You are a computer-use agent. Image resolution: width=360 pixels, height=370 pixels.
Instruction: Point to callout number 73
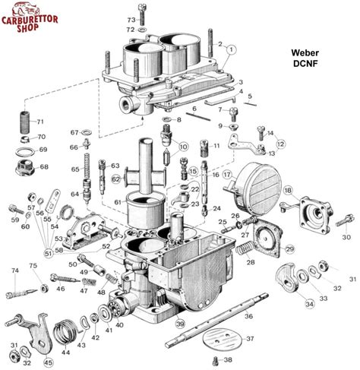tap(131, 18)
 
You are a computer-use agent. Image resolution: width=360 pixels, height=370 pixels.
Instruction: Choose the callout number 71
tap(41, 122)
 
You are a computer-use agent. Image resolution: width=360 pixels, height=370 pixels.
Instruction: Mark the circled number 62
tap(116, 179)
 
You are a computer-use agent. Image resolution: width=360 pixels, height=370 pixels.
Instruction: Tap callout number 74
tap(14, 270)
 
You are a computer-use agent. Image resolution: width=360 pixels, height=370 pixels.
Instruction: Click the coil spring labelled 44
tap(67, 333)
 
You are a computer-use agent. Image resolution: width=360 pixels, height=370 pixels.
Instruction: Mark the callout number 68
tap(43, 166)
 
